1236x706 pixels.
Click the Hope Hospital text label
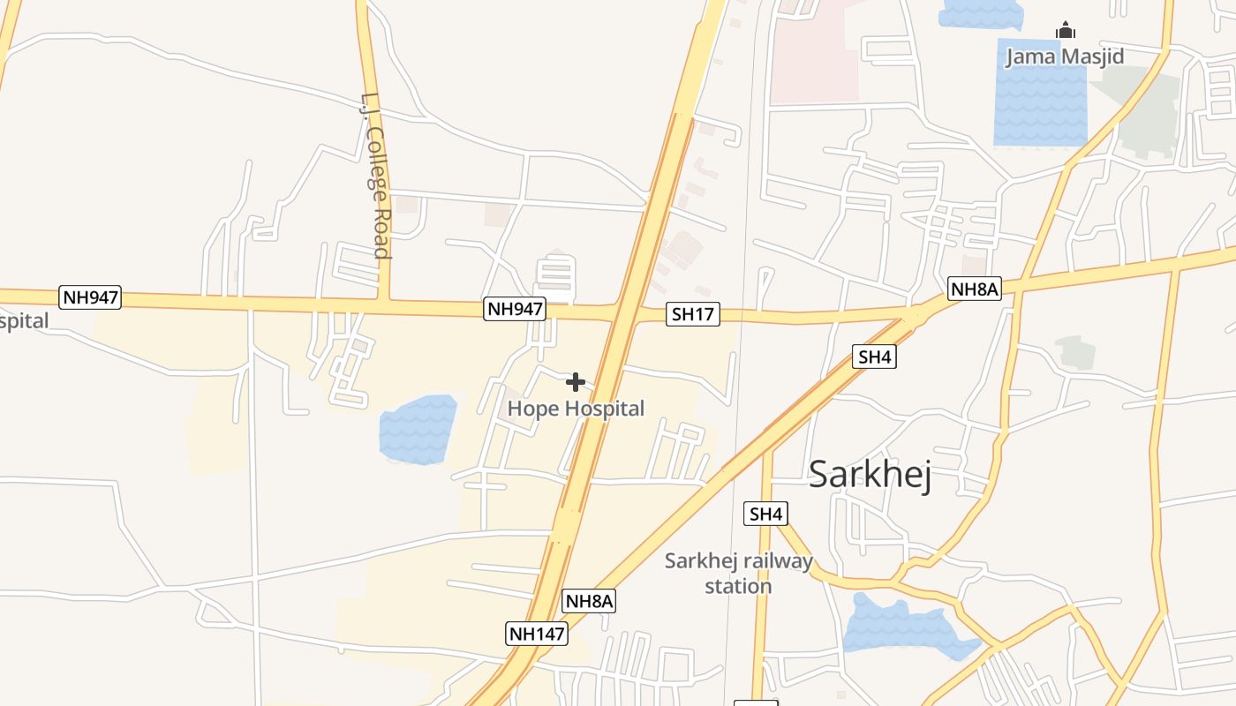coord(576,409)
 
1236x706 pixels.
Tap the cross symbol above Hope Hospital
coord(576,382)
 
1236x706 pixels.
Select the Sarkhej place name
coord(870,475)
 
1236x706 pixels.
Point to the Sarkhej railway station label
coord(738,574)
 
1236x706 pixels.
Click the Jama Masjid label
coord(1065,57)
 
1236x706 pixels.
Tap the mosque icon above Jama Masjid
coord(1066,31)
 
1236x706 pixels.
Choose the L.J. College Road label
coord(374,176)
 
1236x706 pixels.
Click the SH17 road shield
coord(693,313)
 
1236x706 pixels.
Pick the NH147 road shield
coord(536,633)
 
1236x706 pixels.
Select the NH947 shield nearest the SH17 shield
coord(515,309)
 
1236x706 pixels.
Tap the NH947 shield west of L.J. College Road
coord(90,297)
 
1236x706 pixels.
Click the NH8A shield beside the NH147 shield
coord(589,602)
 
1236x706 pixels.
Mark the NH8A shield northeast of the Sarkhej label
coord(975,289)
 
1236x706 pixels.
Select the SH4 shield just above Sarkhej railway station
coord(766,514)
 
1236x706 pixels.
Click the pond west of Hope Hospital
coord(417,430)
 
